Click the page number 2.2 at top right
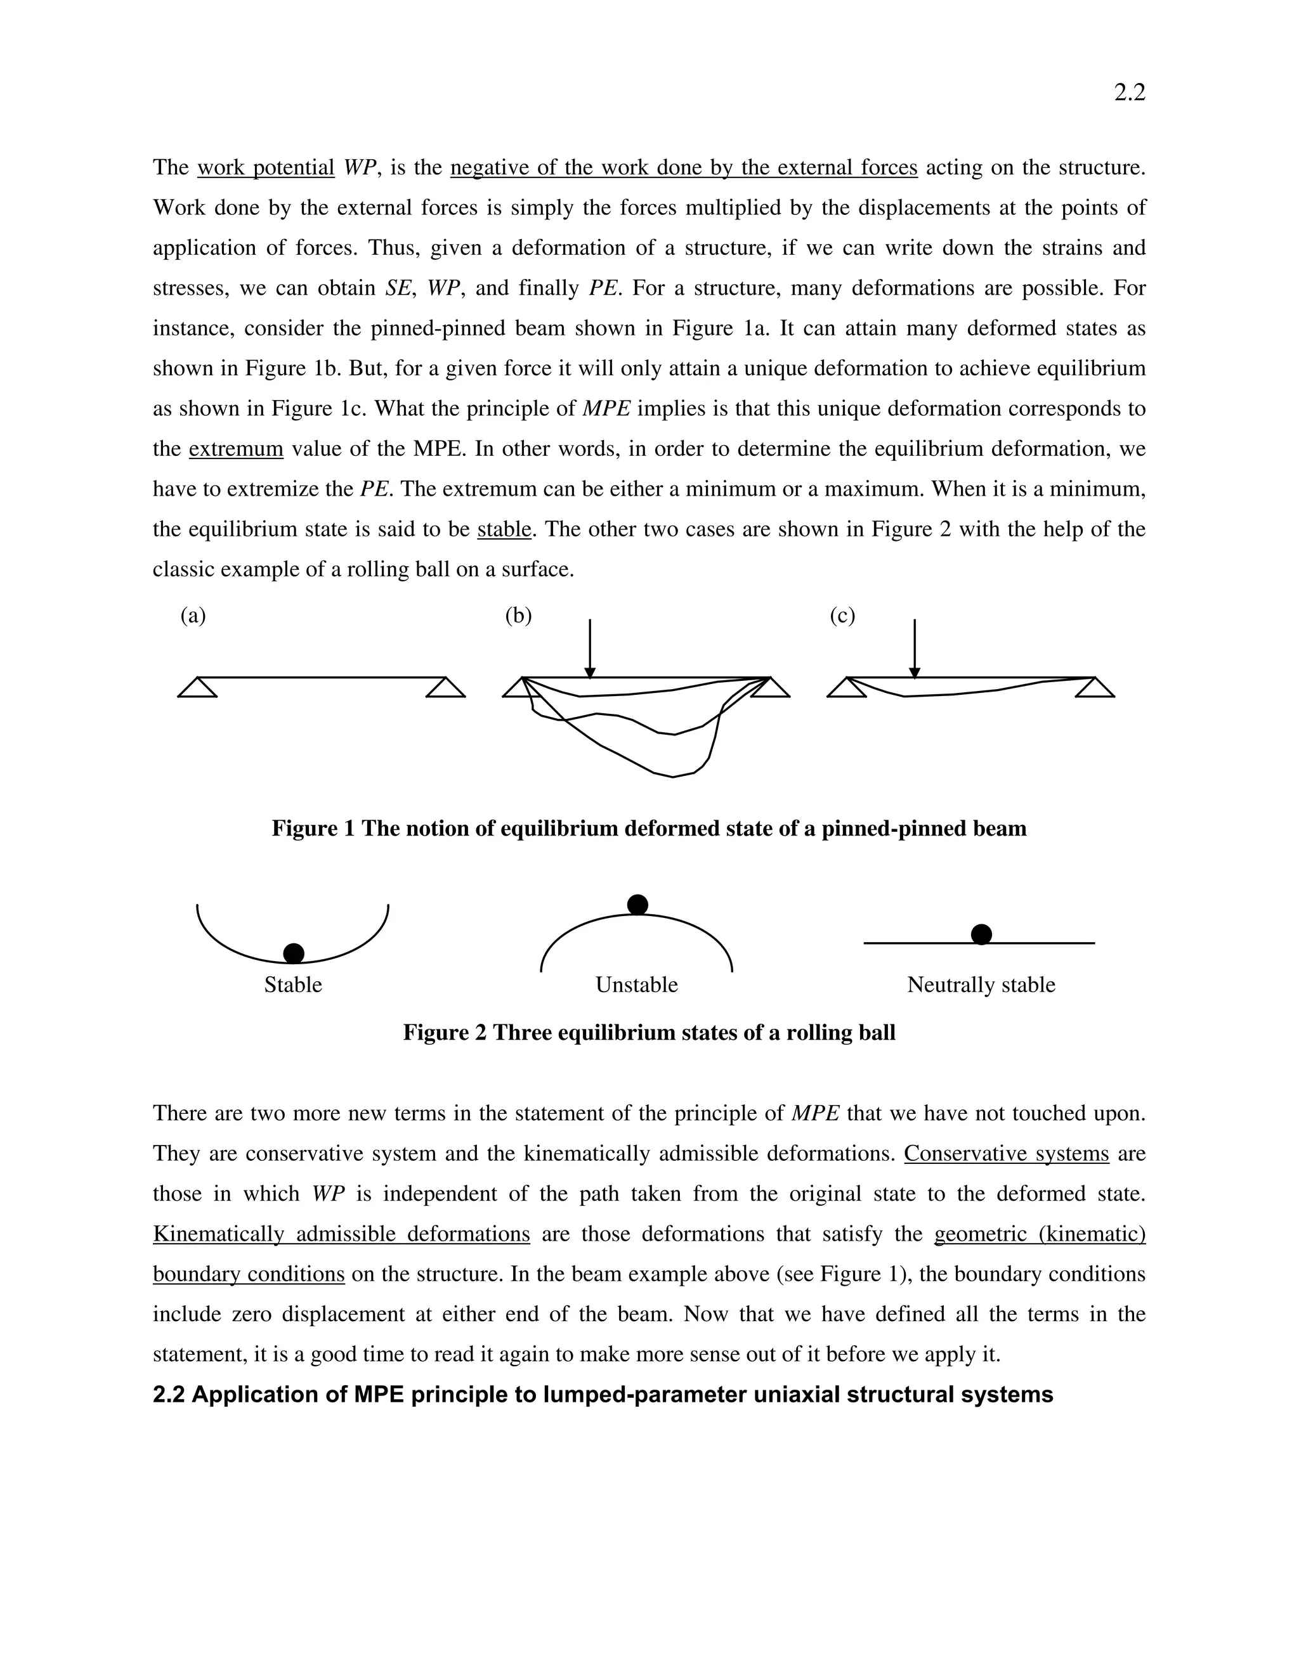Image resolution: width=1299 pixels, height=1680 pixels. coord(1129,93)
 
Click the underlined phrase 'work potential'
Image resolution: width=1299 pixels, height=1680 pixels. coord(266,168)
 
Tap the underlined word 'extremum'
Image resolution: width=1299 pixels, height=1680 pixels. coord(236,448)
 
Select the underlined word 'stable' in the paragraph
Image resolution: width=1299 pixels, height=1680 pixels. coord(504,529)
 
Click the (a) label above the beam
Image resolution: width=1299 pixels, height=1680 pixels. coord(193,616)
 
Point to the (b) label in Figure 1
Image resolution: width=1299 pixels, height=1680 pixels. coord(518,616)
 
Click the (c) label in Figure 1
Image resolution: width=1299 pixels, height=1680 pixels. coord(843,616)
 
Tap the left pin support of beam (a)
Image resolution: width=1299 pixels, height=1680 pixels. coord(197,688)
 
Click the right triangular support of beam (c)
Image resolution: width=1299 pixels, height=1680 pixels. coord(1094,688)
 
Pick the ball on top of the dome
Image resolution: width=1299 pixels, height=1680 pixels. coord(637,905)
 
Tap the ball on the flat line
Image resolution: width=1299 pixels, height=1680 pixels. coord(981,934)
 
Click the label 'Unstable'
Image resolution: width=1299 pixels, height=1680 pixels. coord(636,985)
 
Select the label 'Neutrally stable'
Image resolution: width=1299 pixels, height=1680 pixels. coord(981,985)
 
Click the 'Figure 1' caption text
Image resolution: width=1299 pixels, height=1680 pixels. coord(649,829)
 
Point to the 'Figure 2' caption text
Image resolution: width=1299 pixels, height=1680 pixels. coord(649,1032)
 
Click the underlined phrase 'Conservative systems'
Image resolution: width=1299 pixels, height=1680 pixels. coord(1006,1154)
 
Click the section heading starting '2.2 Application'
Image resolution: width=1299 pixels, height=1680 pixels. coord(603,1395)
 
